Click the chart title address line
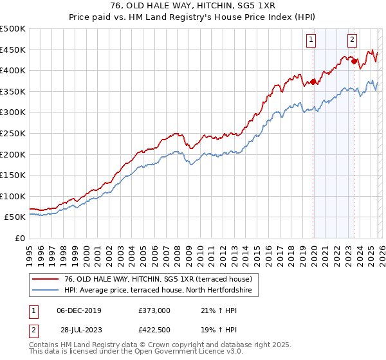[193, 6]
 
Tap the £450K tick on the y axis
[13, 50]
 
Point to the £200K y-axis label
[13, 154]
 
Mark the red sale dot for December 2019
[313, 82]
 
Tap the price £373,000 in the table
[154, 310]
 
